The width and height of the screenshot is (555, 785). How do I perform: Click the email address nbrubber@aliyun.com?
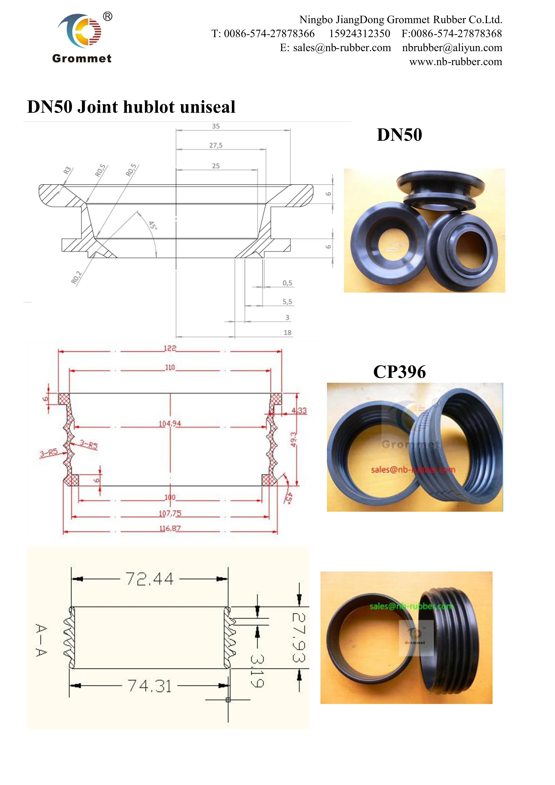452,48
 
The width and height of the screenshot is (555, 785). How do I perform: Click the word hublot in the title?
149,107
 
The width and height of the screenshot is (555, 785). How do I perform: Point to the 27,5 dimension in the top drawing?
216,145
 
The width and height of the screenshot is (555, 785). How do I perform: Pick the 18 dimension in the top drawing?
287,333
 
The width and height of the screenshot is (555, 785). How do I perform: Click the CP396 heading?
399,372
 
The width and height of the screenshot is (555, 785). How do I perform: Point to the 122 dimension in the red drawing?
170,348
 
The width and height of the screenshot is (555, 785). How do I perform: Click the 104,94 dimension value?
170,424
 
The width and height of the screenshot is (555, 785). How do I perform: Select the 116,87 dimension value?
170,528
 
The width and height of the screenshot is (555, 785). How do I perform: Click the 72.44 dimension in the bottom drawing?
149,579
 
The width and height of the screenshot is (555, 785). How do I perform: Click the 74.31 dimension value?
149,686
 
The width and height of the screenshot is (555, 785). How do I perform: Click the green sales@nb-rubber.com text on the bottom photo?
412,607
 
